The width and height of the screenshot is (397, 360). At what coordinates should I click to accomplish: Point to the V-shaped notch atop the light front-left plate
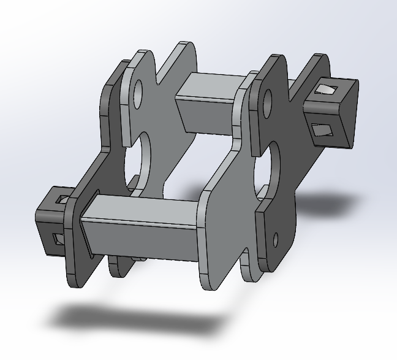(161, 77)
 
